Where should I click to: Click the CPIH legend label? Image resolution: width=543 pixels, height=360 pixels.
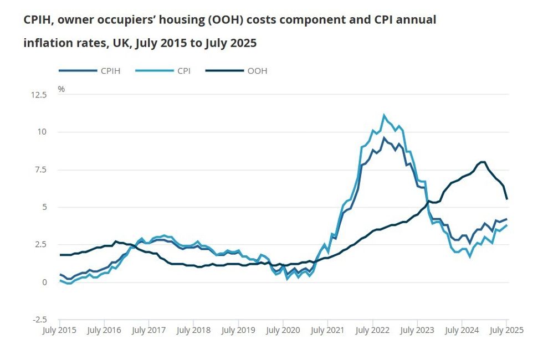[x=111, y=71]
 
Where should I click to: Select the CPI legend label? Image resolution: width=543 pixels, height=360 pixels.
[x=184, y=71]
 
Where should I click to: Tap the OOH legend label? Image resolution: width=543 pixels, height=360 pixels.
[x=257, y=71]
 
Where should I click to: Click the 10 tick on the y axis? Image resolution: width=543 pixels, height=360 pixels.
[x=43, y=132]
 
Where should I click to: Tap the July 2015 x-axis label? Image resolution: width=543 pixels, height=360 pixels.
[x=59, y=331]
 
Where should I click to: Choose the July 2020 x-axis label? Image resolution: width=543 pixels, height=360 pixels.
[x=283, y=331]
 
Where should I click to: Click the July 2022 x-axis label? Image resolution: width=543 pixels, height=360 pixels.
[x=372, y=331]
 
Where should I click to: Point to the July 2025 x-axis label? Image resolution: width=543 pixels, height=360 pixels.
[x=506, y=331]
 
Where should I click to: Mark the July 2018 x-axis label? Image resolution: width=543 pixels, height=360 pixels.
[x=193, y=331]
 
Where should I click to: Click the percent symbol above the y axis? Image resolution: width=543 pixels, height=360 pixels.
[x=61, y=89]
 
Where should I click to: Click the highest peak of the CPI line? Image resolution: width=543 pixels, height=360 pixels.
[x=383, y=115]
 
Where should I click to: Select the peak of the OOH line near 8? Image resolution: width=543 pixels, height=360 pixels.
[x=482, y=162]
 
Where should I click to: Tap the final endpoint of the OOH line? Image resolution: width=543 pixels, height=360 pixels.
[x=507, y=198]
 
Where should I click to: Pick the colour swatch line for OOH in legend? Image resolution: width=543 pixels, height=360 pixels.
[x=224, y=71]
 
